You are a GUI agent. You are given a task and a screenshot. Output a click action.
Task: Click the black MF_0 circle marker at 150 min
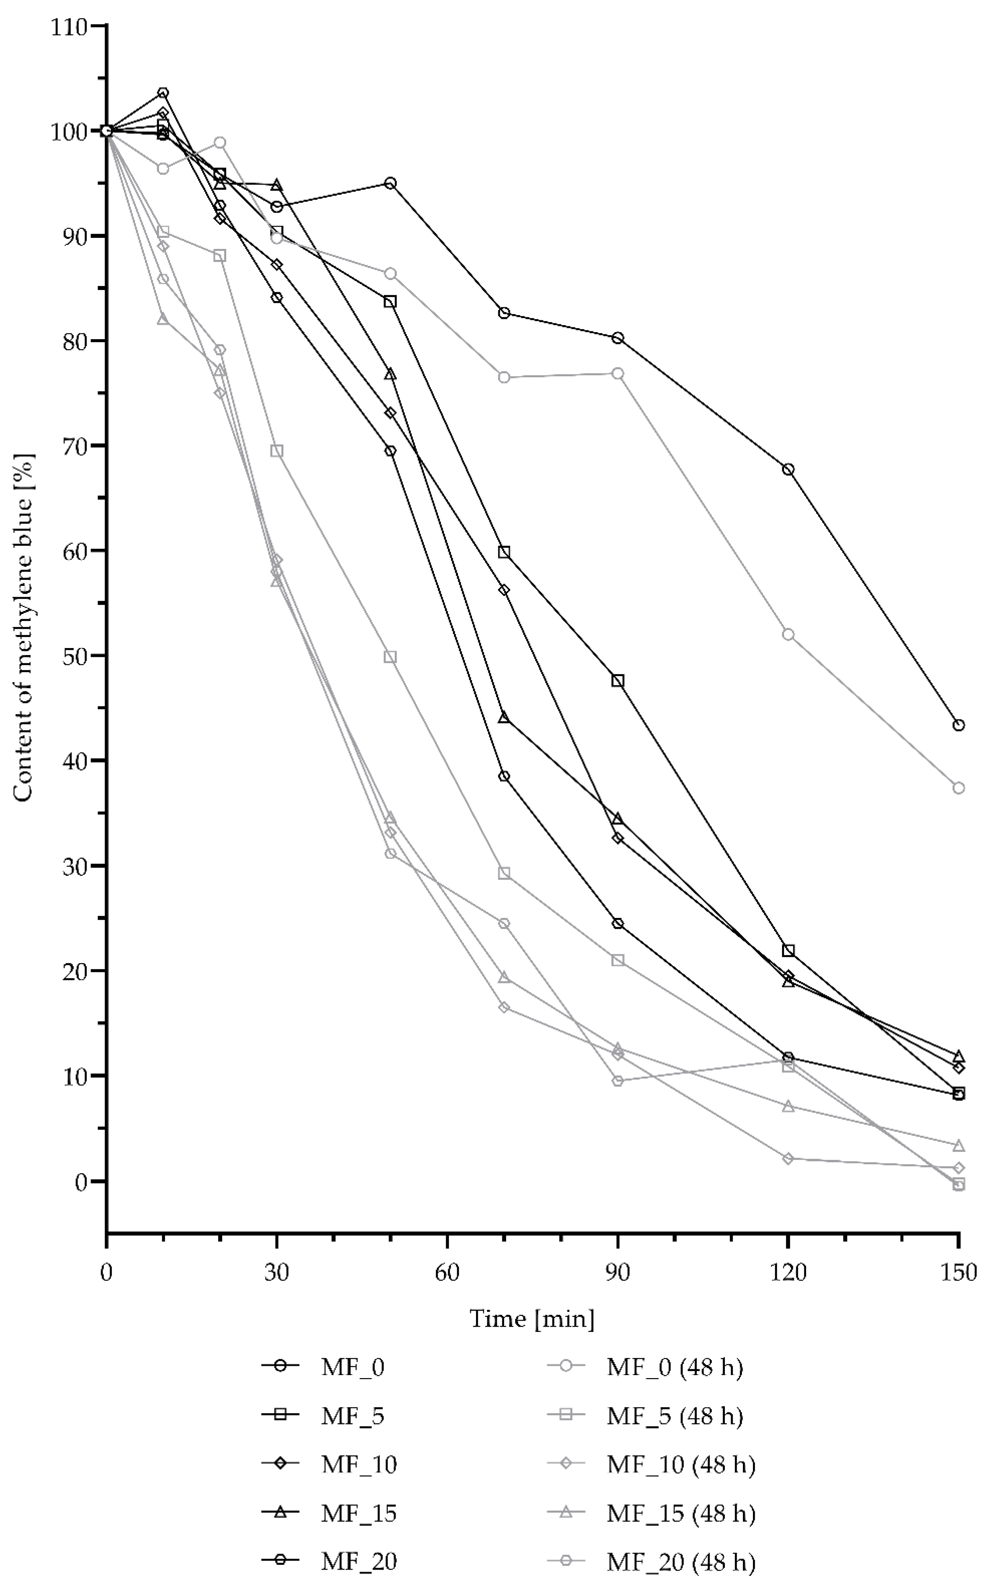pos(958,725)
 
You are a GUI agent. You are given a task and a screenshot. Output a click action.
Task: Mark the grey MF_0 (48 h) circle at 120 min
pos(788,635)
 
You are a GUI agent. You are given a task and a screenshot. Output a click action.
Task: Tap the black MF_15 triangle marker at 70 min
pos(504,717)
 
